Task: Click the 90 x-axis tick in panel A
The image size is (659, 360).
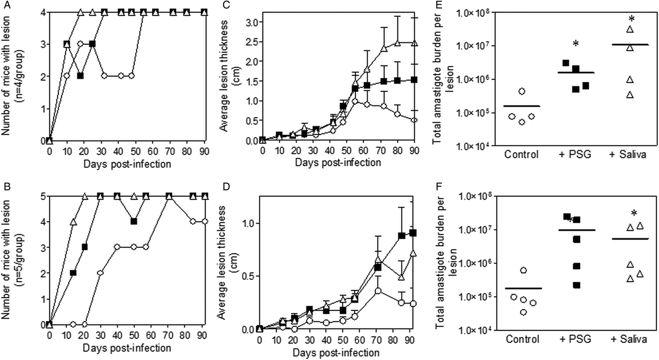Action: coord(204,152)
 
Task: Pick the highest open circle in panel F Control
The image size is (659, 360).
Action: coord(520,270)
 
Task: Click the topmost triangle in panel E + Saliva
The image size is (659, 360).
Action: coord(630,30)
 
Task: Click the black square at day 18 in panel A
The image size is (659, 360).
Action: coord(80,76)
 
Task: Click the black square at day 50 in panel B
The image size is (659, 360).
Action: coord(134,221)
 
